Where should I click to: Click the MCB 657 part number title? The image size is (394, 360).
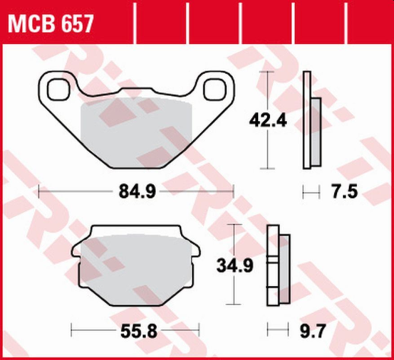[50, 24]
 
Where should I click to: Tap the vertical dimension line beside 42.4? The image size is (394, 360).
[265, 119]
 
